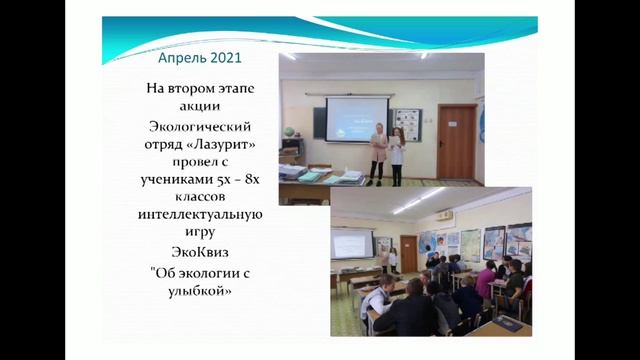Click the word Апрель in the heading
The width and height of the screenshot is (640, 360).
pyautogui.click(x=181, y=57)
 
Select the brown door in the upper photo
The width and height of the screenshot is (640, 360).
pyautogui.click(x=456, y=140)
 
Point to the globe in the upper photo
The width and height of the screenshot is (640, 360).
pyautogui.click(x=288, y=132)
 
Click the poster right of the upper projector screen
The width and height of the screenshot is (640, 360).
pyautogui.click(x=407, y=126)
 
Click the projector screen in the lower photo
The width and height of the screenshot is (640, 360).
pyautogui.click(x=352, y=243)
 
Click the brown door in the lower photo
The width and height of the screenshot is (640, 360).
pyautogui.click(x=408, y=254)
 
